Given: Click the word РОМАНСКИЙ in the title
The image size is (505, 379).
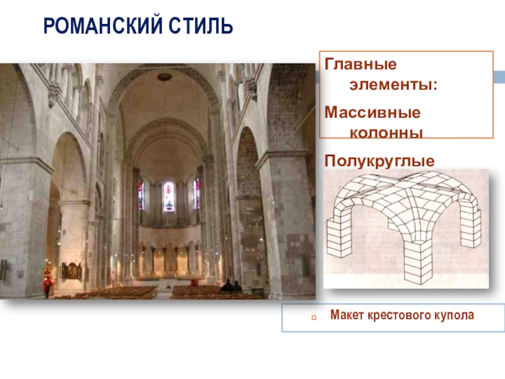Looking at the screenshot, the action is click(103, 26).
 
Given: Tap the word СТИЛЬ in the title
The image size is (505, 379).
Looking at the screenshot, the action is click(201, 26).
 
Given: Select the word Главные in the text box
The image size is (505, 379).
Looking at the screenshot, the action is click(360, 64).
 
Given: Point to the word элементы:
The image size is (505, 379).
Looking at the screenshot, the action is click(393, 85).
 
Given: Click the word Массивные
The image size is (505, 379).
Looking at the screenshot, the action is click(372, 112).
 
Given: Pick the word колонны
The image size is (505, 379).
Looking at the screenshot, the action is click(386, 133).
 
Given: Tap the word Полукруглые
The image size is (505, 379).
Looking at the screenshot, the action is click(379, 161).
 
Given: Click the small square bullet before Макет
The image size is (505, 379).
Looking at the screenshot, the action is click(314, 318).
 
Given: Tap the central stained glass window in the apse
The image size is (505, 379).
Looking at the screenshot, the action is click(169, 196).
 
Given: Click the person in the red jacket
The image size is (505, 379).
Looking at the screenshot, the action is click(47, 286).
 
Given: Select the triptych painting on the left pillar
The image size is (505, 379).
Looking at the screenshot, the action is click(71, 270).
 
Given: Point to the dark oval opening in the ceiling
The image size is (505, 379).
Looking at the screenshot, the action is click(165, 76).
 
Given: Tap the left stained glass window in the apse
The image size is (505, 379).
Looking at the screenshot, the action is click(141, 195).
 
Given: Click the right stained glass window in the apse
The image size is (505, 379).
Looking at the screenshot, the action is click(196, 194).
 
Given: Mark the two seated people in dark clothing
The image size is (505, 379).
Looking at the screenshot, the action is click(231, 286).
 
